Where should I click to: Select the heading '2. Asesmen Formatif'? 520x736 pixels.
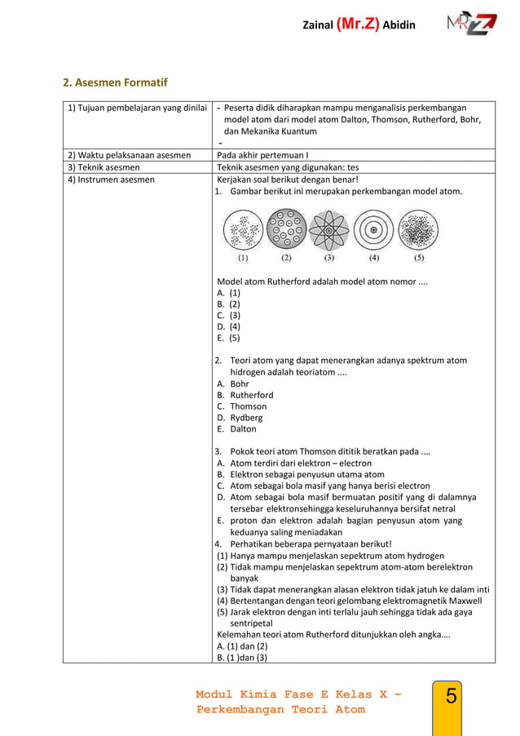pyautogui.click(x=116, y=82)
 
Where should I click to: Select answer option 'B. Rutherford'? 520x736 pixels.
pyautogui.click(x=245, y=395)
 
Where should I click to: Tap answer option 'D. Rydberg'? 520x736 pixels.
pyautogui.click(x=241, y=418)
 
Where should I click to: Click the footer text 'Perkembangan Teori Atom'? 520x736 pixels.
pyautogui.click(x=280, y=709)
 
